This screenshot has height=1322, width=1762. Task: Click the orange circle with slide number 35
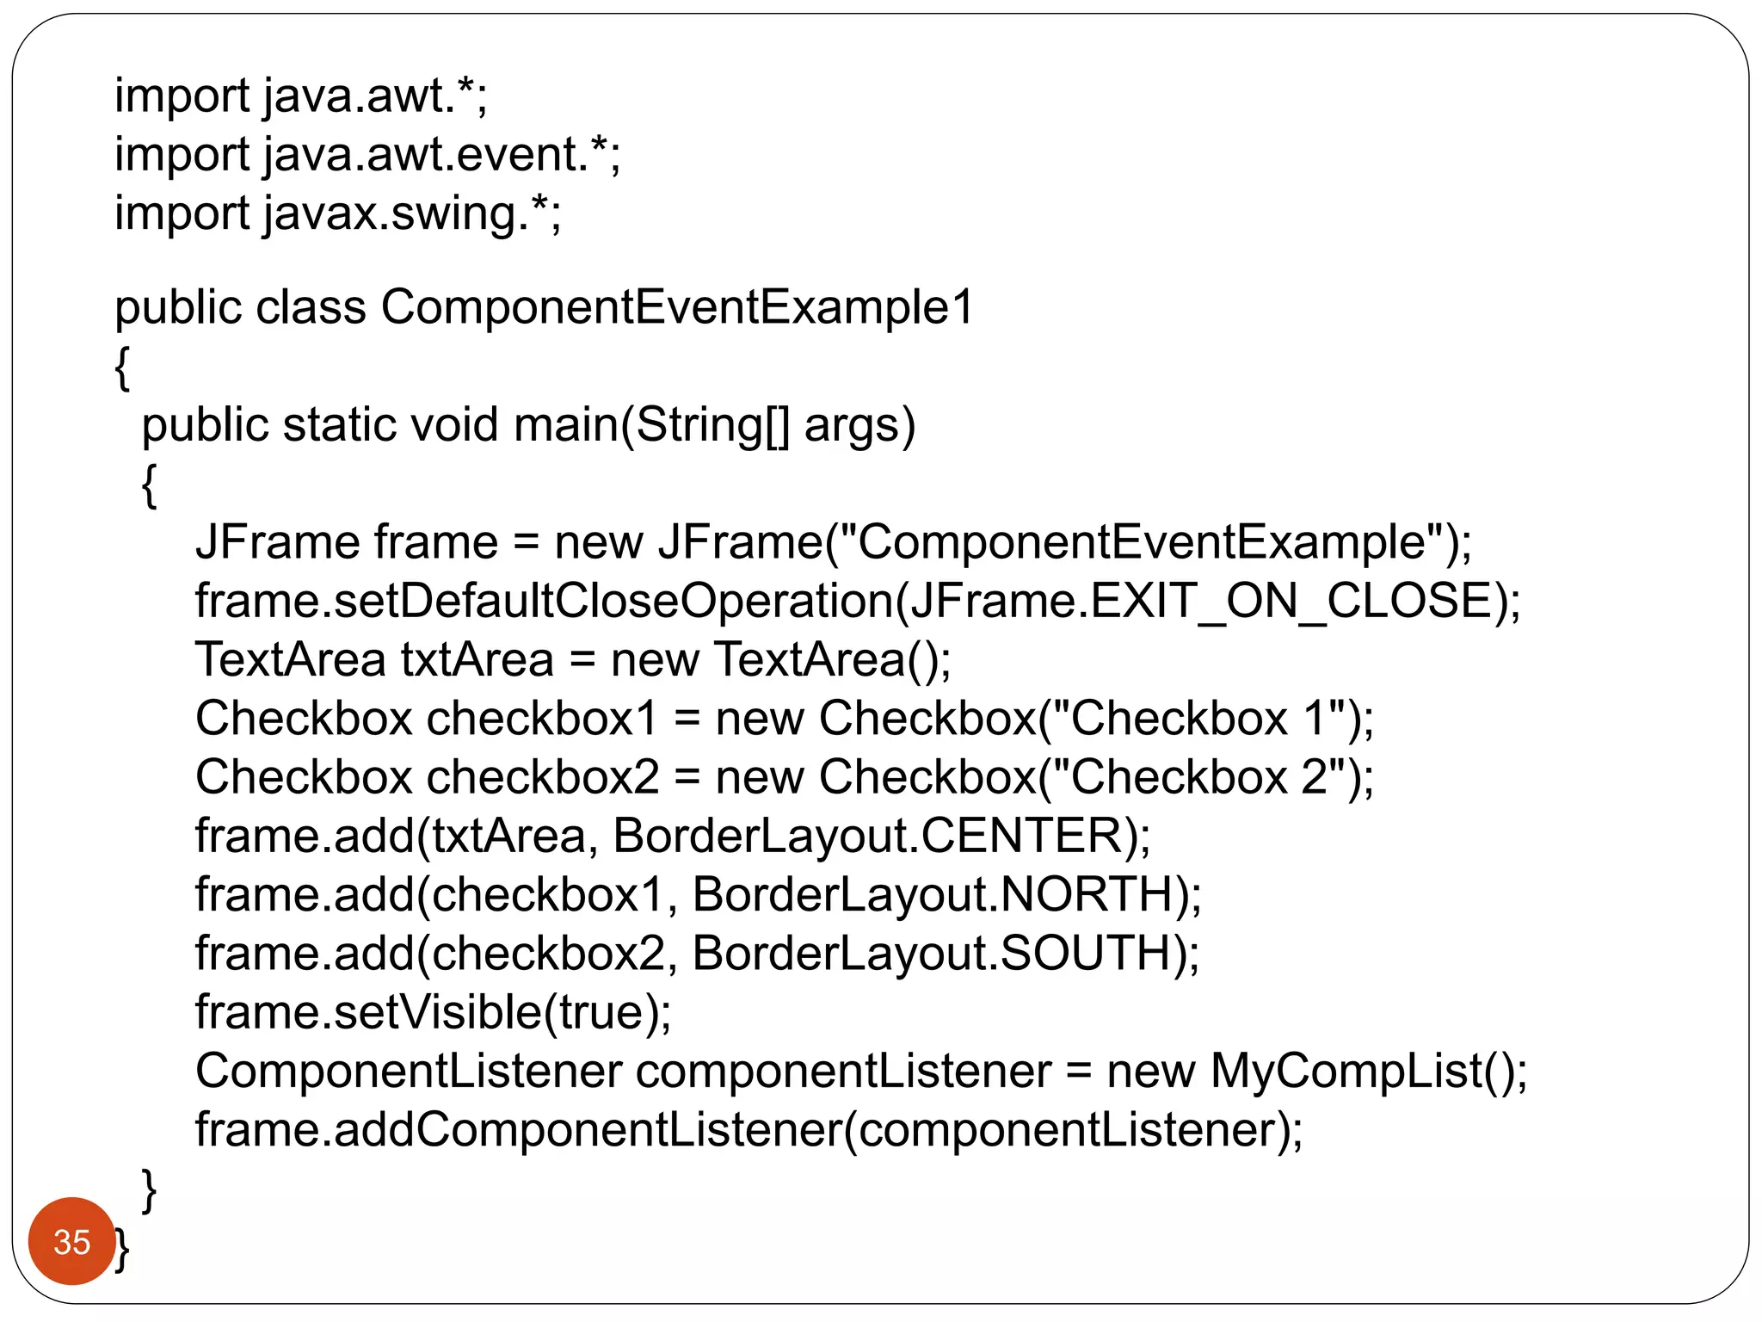(x=71, y=1240)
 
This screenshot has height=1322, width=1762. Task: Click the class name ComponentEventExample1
(x=676, y=307)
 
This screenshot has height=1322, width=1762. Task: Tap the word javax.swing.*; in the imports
(x=411, y=213)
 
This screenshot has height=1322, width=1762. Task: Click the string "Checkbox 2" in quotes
(x=1198, y=777)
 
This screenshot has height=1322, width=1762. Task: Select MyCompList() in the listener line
(x=1360, y=1072)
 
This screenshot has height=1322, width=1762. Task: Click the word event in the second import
(x=521, y=155)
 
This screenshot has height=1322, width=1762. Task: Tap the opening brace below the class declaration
(x=122, y=368)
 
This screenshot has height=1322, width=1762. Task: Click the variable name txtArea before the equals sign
(x=477, y=660)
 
